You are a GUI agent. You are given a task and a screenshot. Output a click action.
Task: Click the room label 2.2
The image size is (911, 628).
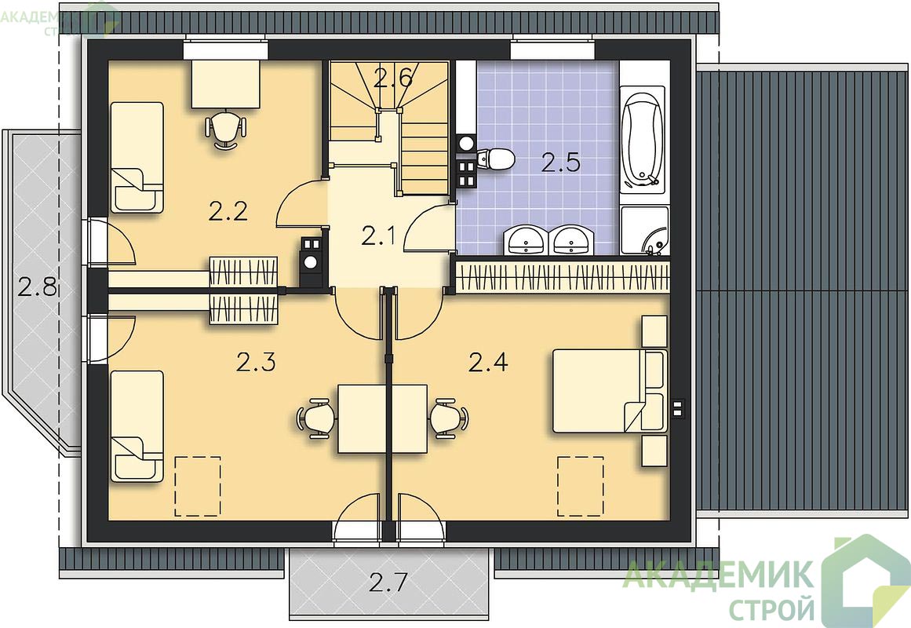pos(228,211)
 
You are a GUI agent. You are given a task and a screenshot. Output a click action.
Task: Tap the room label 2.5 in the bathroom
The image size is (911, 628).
pos(561,162)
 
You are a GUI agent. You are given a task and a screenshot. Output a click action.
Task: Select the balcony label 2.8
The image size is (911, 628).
pos(37,287)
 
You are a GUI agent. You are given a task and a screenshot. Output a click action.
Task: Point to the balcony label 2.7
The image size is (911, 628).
pos(388,582)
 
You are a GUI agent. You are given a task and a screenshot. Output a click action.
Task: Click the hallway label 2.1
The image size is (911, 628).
pos(378,236)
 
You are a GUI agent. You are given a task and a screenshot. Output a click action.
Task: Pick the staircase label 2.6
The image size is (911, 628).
pos(393,78)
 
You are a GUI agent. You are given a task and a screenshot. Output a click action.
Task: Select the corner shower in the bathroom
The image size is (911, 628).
pos(645,231)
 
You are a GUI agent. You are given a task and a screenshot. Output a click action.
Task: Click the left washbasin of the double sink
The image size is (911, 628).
pos(527,240)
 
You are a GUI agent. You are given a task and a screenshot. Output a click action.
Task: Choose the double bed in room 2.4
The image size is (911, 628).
pos(609,391)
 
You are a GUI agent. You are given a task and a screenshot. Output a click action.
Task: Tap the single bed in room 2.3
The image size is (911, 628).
pos(137,426)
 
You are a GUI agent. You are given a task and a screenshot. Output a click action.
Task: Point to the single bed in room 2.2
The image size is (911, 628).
pos(137,158)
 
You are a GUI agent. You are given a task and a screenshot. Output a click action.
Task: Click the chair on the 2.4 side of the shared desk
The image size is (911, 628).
pos(449,418)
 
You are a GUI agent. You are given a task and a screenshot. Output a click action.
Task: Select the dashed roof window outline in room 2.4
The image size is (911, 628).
pos(581,486)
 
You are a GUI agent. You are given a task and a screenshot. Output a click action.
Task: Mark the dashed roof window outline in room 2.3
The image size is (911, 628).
pos(198,486)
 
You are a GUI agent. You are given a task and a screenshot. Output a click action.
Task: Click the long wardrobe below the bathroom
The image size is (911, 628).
pos(563,277)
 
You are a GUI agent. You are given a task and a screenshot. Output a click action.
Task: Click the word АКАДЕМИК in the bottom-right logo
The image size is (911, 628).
pos(718,575)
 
